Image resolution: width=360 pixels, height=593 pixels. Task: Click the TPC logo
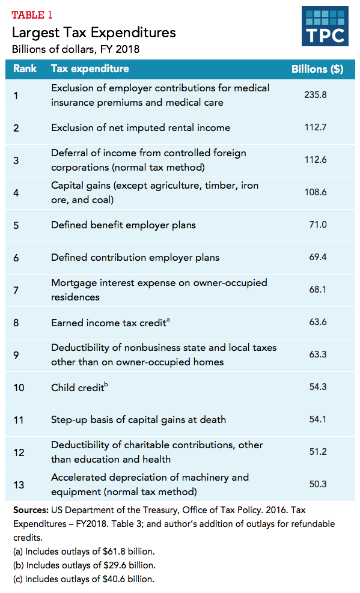point(325,26)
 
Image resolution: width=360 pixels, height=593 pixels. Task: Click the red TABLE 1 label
point(32,15)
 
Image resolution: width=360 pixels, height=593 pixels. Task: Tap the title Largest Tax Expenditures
point(94,32)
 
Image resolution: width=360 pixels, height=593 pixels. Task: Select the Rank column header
point(25,68)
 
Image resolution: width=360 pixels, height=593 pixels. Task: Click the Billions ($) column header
point(317,69)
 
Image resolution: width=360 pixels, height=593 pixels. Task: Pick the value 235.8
point(316,94)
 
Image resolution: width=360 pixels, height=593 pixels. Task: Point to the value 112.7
point(316,127)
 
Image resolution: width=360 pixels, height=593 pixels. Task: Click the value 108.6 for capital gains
point(316,192)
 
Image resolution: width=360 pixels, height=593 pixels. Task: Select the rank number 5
point(16,225)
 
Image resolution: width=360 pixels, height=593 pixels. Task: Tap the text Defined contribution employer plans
point(135,258)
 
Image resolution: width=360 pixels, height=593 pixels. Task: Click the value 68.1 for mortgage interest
point(318,290)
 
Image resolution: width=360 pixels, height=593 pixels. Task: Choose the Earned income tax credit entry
point(110,322)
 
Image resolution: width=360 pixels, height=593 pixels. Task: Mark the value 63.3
point(318,354)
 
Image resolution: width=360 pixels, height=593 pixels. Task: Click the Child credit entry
point(79,387)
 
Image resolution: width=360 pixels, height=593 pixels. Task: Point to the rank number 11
point(19,420)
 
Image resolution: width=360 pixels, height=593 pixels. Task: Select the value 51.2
point(318,452)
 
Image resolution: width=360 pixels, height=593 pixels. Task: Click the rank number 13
point(19,485)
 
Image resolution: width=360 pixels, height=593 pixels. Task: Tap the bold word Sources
point(31,510)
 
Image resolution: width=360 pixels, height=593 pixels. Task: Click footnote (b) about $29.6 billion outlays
point(84,565)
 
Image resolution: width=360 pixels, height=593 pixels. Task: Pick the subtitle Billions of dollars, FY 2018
point(76,49)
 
